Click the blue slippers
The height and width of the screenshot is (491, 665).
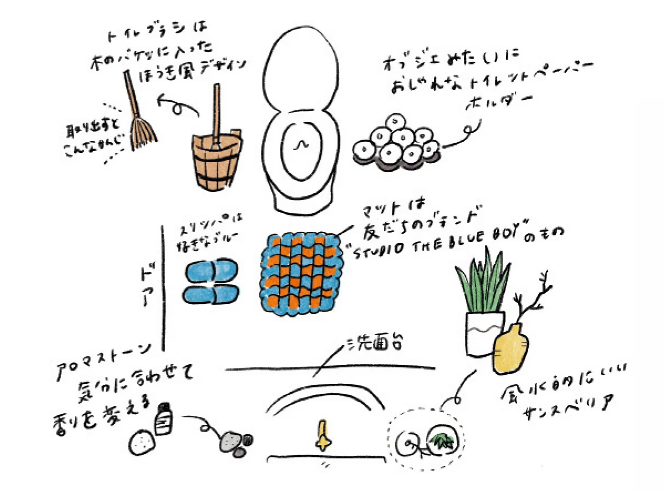[210, 283]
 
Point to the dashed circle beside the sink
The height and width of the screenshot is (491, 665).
[427, 441]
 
